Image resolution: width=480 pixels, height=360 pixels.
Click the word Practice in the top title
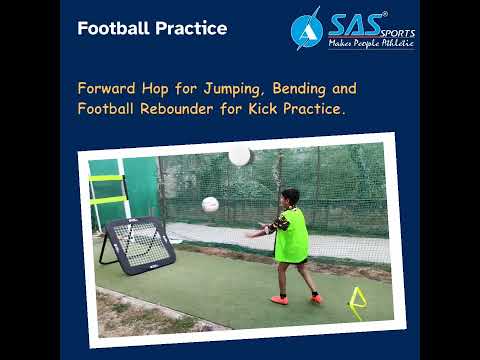191,28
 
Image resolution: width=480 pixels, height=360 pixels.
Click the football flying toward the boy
210,204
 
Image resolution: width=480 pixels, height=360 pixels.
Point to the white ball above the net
239,155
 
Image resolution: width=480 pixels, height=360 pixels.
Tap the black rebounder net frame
139,243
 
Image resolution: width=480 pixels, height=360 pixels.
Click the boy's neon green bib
291,236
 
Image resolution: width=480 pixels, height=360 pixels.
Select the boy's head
290,197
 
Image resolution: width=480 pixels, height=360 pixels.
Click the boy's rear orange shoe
279,299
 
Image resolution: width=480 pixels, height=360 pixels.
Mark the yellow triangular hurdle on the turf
356,301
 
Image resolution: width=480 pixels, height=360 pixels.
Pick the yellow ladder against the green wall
106,190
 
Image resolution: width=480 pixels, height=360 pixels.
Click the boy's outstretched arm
260,231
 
